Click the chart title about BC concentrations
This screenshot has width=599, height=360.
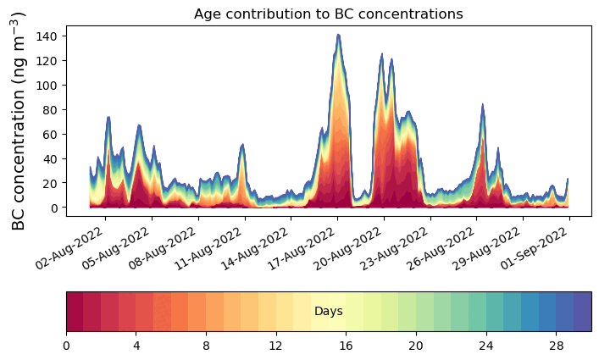click(328, 14)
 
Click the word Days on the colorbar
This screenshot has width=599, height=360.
click(329, 312)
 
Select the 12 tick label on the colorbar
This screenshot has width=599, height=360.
click(275, 346)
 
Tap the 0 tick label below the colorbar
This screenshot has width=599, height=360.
click(66, 346)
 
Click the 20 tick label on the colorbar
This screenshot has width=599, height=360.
click(415, 346)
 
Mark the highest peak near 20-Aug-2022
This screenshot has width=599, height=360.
click(338, 36)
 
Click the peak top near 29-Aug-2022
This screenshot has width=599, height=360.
click(482, 105)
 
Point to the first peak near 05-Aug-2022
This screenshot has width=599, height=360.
click(108, 118)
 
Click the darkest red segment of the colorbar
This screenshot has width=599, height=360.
click(75, 312)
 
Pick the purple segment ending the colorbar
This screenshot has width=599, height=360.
click(582, 312)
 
